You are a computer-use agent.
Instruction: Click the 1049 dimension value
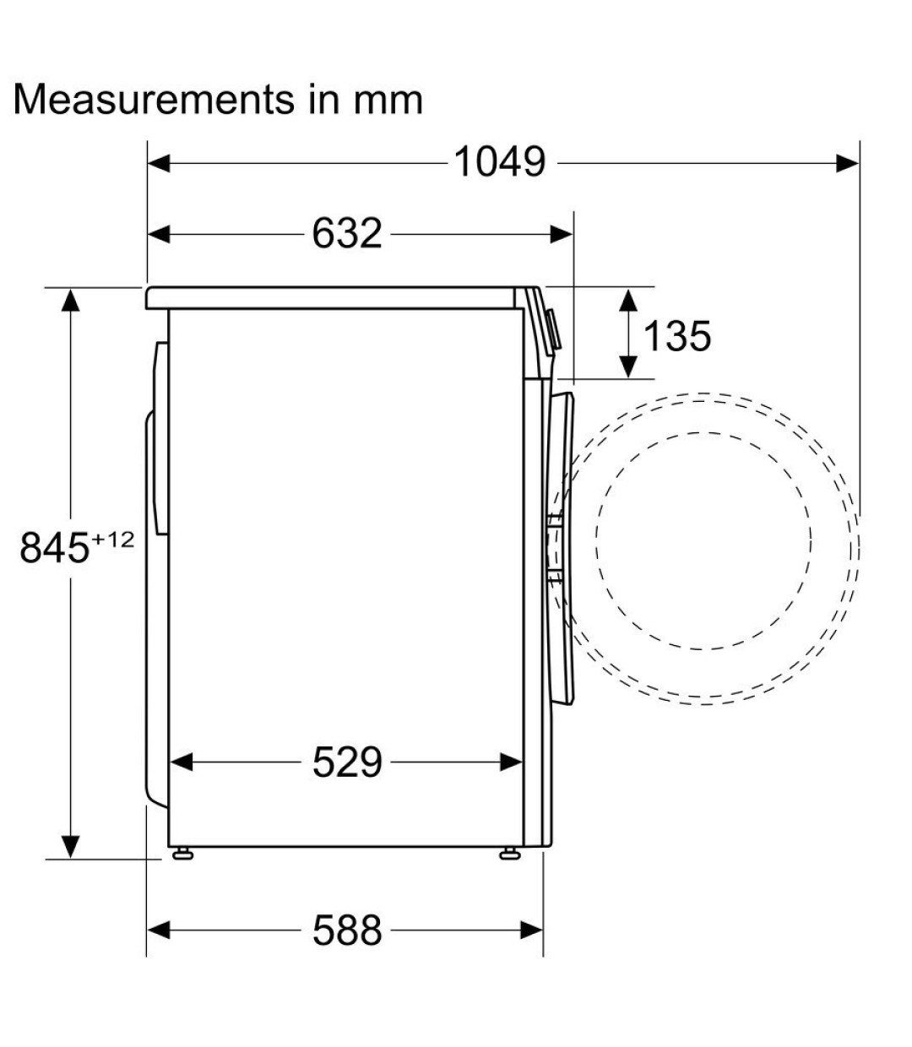tap(500, 162)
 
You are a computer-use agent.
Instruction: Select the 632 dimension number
tap(347, 233)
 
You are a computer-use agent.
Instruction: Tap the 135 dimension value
tap(676, 336)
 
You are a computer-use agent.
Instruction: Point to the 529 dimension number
tap(347, 762)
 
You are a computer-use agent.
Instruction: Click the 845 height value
tap(55, 547)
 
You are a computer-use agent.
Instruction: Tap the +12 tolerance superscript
tap(113, 539)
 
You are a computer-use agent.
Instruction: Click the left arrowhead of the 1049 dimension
tap(159, 164)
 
